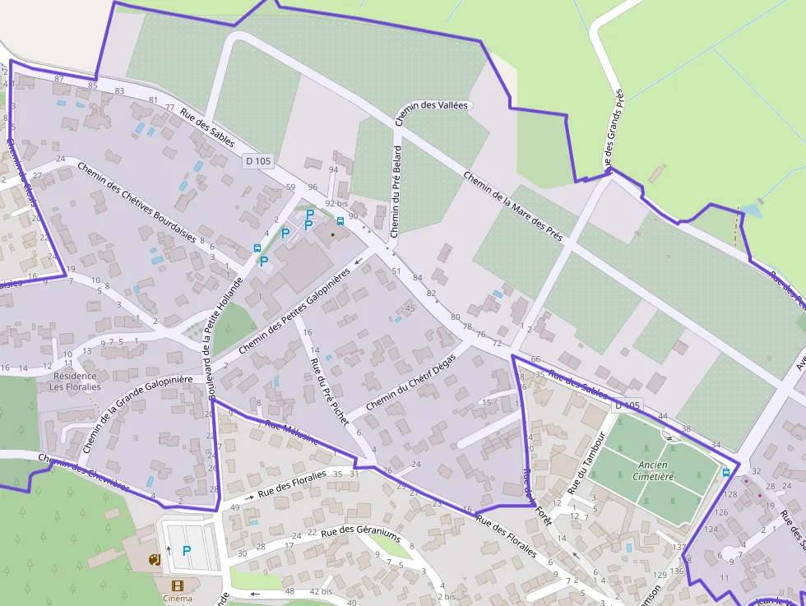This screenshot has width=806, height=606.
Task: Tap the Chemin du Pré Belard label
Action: tap(396, 191)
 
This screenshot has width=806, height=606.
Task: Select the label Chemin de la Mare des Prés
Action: tap(513, 206)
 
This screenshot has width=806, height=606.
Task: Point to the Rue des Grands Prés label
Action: tap(614, 127)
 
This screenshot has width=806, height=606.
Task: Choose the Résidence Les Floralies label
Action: tap(73, 381)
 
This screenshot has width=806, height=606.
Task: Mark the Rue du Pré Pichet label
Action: tap(329, 384)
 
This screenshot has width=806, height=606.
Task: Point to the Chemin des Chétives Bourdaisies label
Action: tap(137, 201)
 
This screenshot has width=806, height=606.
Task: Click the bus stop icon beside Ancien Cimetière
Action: tap(725, 472)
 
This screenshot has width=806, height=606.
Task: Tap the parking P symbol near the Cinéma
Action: tap(187, 550)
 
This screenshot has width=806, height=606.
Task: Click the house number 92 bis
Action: tap(336, 203)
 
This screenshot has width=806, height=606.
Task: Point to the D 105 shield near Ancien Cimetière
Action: tap(627, 406)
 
